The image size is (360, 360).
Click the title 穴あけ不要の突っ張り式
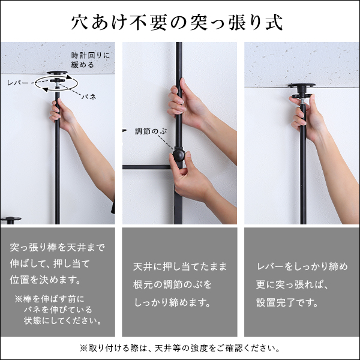tap(179, 22)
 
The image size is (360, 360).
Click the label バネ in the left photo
tap(89, 96)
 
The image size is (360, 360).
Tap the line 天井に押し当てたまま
tap(179, 264)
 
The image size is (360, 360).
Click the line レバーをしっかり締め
tap(301, 265)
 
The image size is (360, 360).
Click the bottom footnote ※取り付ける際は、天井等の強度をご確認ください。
tap(179, 347)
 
